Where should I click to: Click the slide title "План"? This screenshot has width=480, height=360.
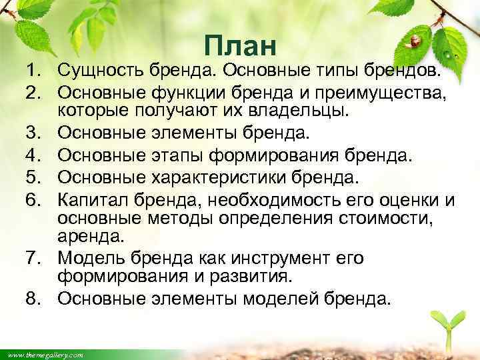click(240, 47)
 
